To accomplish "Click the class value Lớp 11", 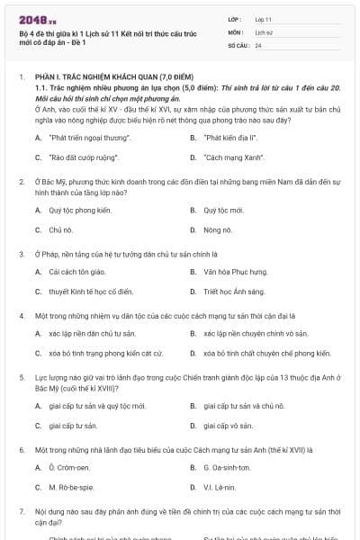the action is [x=264, y=19].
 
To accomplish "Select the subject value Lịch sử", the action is [x=263, y=31].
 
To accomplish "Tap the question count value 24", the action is [x=258, y=44].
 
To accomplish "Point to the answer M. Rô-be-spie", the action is [x=73, y=487].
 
